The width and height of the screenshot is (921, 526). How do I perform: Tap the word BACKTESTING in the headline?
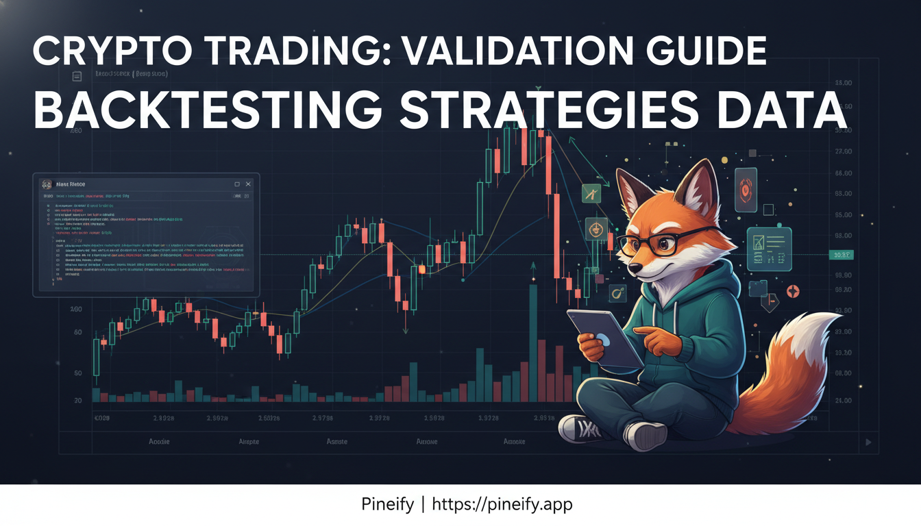click(x=206, y=110)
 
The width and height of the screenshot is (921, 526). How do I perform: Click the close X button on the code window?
click(x=248, y=184)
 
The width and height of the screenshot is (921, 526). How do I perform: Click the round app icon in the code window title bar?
click(x=46, y=184)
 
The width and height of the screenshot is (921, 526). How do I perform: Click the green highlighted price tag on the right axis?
click(x=840, y=255)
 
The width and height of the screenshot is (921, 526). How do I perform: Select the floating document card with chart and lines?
click(x=769, y=249)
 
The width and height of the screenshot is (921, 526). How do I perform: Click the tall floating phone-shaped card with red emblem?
click(x=746, y=189)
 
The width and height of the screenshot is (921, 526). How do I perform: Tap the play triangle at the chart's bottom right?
click(x=869, y=442)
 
